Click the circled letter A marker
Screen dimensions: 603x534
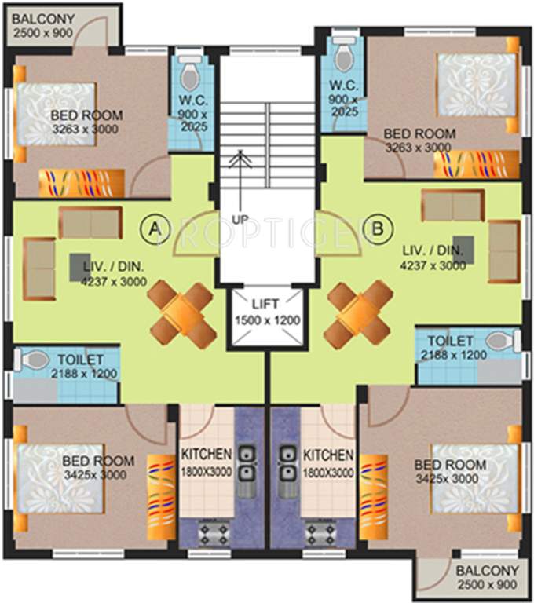[155, 228]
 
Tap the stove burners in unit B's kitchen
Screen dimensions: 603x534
[320, 533]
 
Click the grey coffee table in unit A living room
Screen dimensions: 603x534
[80, 264]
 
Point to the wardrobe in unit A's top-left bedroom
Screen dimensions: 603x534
[82, 182]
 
